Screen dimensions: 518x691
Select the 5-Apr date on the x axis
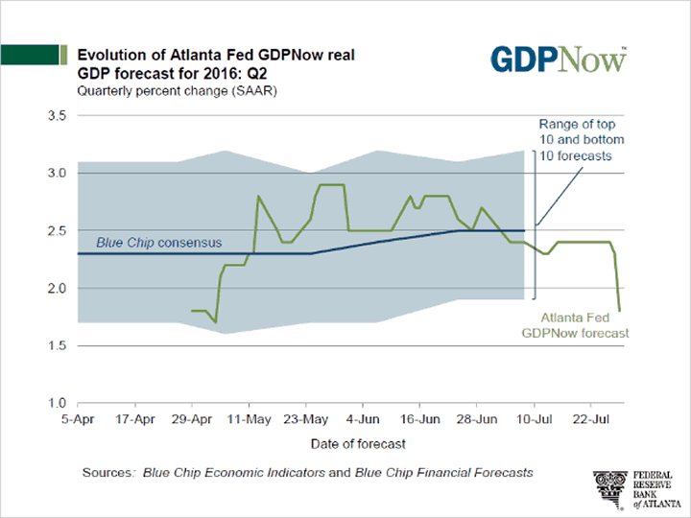80,419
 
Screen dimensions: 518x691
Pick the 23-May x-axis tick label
305,419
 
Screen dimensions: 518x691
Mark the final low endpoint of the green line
619,310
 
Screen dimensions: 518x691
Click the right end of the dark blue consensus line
524,230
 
